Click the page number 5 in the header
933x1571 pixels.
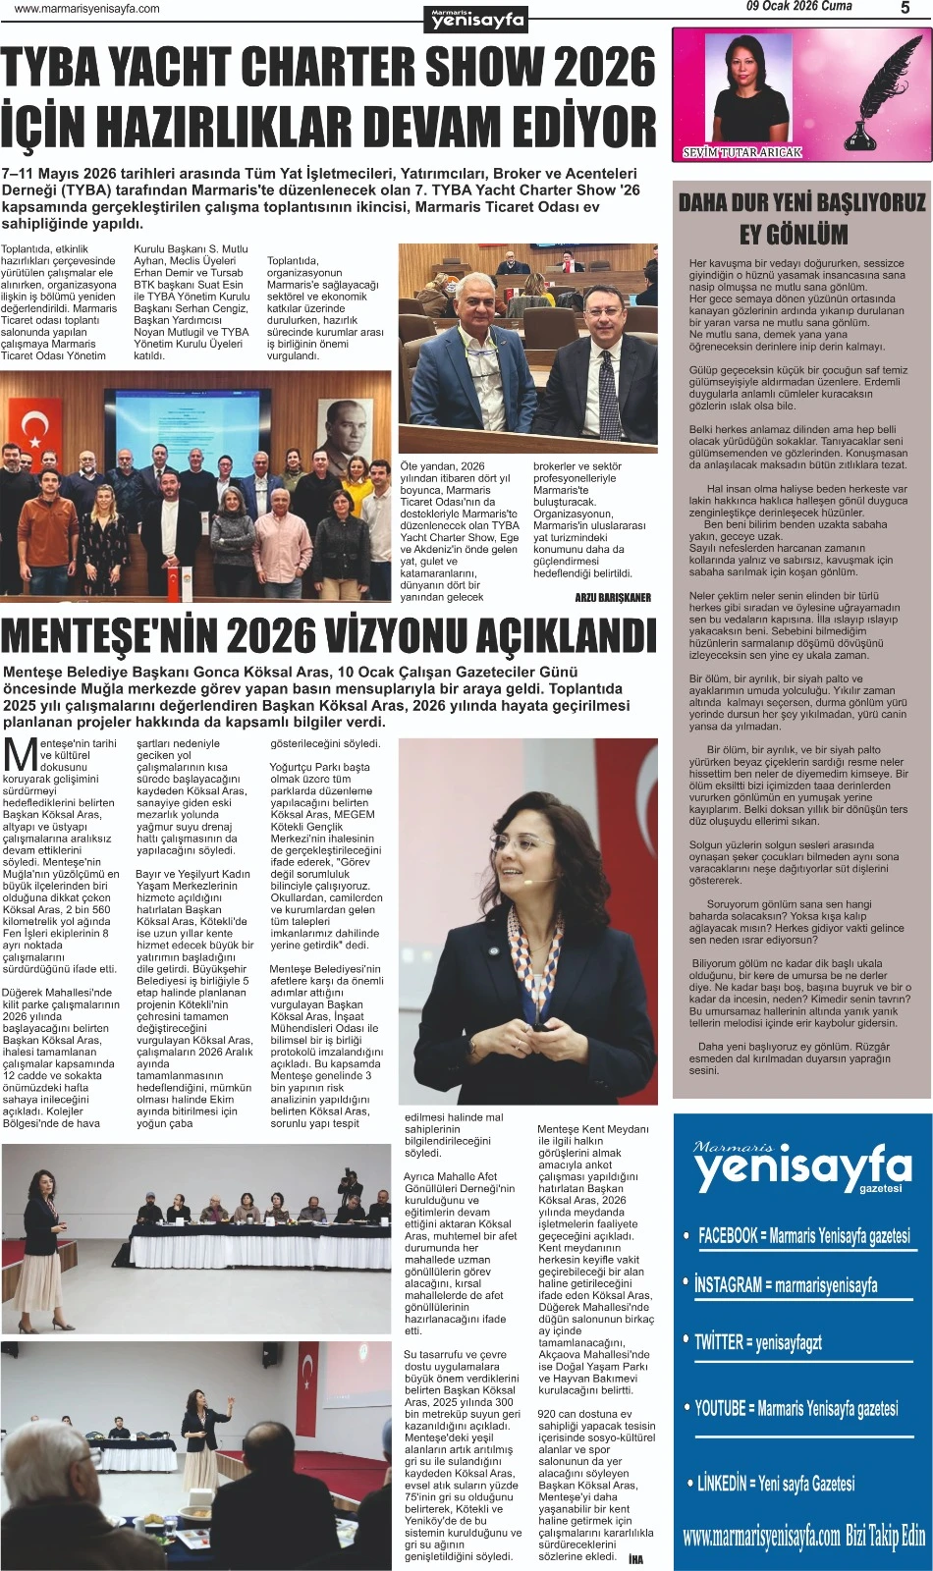click(905, 9)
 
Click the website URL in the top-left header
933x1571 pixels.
click(87, 9)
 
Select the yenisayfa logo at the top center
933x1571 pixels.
click(478, 18)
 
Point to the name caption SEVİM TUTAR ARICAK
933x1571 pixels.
click(742, 152)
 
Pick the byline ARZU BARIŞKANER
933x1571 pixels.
click(613, 597)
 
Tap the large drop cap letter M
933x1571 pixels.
click(20, 754)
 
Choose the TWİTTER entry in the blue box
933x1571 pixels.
click(757, 1342)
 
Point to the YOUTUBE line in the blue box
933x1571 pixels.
click(796, 1409)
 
